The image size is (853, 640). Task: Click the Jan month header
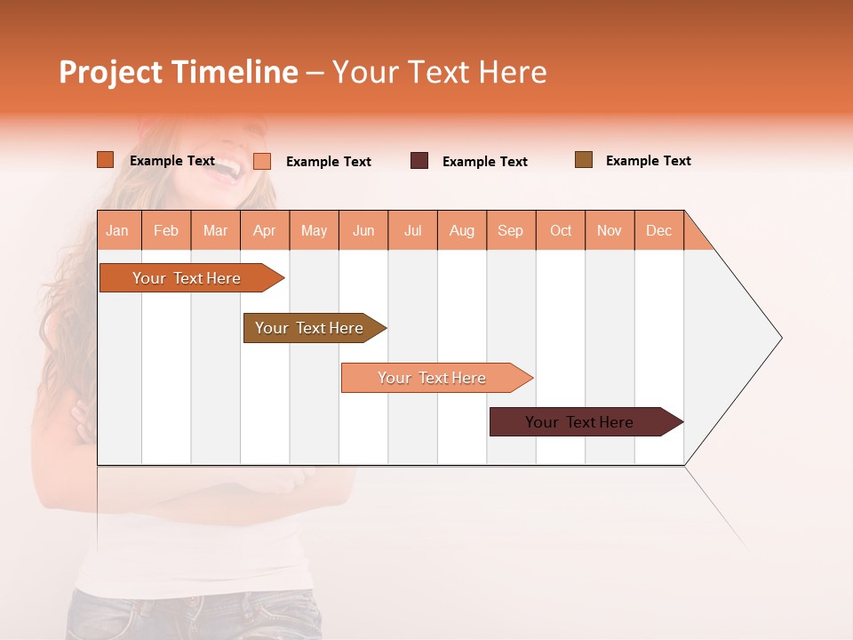pos(117,230)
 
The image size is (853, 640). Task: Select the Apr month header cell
pos(264,230)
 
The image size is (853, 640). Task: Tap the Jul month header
pos(412,230)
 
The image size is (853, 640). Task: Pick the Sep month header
pos(510,230)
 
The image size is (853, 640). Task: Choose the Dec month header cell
pos(658,230)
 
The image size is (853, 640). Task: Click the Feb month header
pos(166,230)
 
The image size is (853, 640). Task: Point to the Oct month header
pos(561,230)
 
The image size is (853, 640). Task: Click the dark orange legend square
pos(105,160)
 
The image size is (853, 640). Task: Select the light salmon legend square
pos(262,161)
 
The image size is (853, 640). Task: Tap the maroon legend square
pos(419,161)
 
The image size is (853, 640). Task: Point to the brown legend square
pos(583,160)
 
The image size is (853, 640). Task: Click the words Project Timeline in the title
pos(178,72)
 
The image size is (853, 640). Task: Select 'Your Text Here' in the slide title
pos(439,72)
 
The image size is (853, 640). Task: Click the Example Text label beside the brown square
pos(648,161)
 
